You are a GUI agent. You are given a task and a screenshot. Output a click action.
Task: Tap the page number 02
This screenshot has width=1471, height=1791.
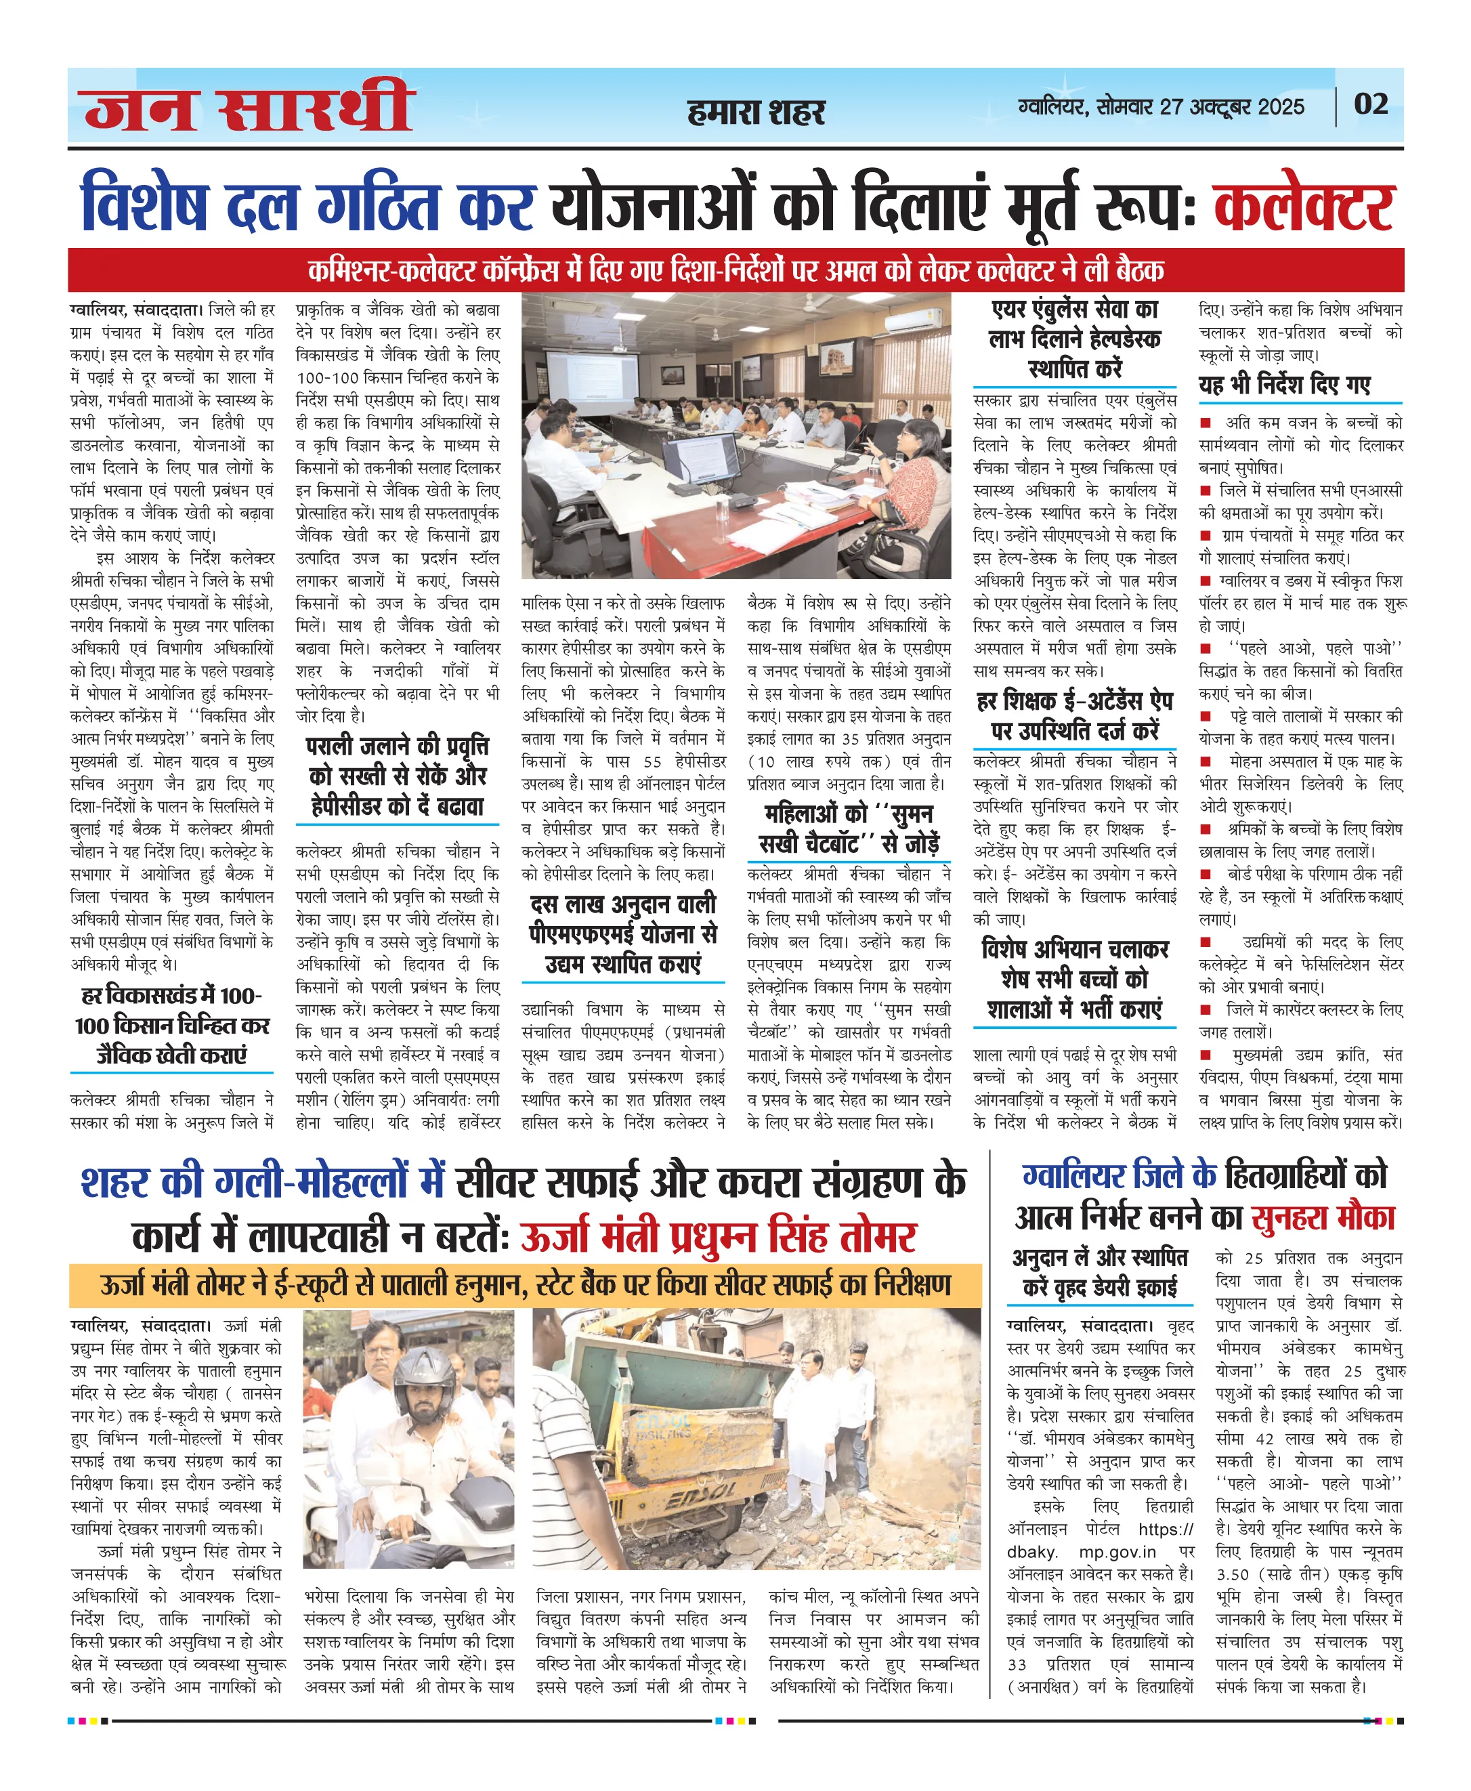click(x=1370, y=104)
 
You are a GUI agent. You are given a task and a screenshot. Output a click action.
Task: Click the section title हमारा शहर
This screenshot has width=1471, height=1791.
click(x=756, y=112)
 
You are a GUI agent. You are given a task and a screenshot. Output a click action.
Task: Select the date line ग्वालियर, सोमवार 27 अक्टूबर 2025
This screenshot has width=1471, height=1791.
click(x=1161, y=107)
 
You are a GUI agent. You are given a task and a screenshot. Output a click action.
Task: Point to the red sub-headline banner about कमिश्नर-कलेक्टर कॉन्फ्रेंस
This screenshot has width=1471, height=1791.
click(x=735, y=270)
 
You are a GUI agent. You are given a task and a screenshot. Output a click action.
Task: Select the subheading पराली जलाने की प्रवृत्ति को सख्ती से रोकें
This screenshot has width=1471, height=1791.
click(x=397, y=776)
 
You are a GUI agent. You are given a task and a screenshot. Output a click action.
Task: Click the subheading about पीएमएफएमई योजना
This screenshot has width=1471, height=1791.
click(x=623, y=934)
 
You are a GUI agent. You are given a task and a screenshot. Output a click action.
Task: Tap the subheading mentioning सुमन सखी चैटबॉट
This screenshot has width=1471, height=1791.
click(x=848, y=828)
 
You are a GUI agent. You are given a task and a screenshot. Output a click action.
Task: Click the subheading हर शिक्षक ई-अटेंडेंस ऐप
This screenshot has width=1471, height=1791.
click(x=1074, y=715)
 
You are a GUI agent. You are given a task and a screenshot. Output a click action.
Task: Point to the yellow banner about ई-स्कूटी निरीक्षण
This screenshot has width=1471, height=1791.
click(x=526, y=1285)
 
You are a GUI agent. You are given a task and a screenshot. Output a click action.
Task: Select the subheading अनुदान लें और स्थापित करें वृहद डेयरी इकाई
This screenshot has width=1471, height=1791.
click(x=1100, y=1272)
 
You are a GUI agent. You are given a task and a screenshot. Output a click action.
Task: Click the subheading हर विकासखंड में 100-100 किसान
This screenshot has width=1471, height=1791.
click(x=172, y=1025)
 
